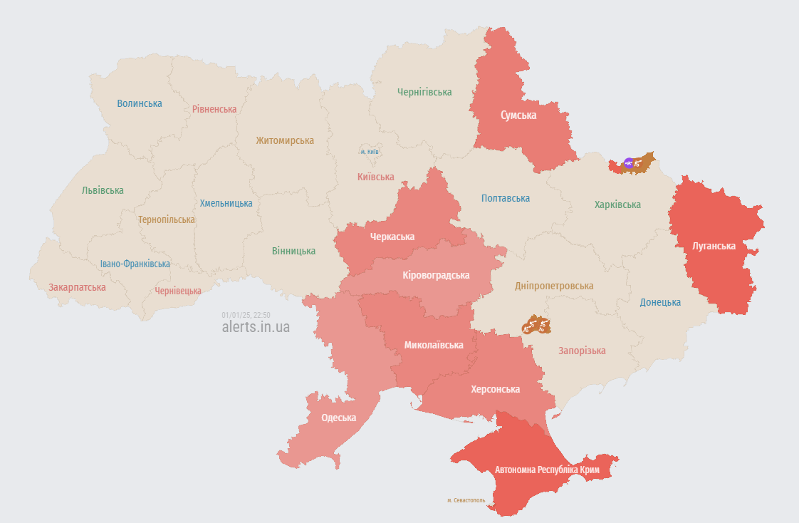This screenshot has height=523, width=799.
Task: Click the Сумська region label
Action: pyautogui.click(x=518, y=115)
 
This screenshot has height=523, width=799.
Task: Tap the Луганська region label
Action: pyautogui.click(x=714, y=246)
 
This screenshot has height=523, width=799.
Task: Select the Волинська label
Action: pyautogui.click(x=140, y=103)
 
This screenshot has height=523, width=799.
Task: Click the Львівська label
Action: pyautogui.click(x=103, y=190)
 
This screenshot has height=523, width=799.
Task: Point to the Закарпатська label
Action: pyautogui.click(x=77, y=287)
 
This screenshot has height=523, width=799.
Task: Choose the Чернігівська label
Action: pyautogui.click(x=424, y=92)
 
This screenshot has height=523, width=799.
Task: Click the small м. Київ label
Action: pyautogui.click(x=369, y=152)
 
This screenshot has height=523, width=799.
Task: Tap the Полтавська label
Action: pyautogui.click(x=505, y=198)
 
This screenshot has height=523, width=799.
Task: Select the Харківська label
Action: pyautogui.click(x=617, y=204)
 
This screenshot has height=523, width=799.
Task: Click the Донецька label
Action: pyautogui.click(x=659, y=302)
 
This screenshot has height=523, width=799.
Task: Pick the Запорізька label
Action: pyautogui.click(x=582, y=351)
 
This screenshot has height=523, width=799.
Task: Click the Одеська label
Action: pyautogui.click(x=338, y=418)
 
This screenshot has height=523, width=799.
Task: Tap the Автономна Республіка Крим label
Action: pyautogui.click(x=547, y=470)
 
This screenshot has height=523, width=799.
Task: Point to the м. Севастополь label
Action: pyautogui.click(x=466, y=500)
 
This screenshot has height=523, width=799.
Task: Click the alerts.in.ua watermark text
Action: pyautogui.click(x=256, y=327)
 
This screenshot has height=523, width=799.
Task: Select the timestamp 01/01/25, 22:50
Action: pyautogui.click(x=246, y=314)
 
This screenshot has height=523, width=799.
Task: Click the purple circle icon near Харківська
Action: pyautogui.click(x=629, y=162)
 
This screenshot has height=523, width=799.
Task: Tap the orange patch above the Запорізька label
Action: pyautogui.click(x=536, y=326)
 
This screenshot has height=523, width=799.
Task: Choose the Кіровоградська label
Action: pyautogui.click(x=436, y=275)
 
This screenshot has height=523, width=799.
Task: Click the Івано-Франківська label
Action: pyautogui.click(x=135, y=264)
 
